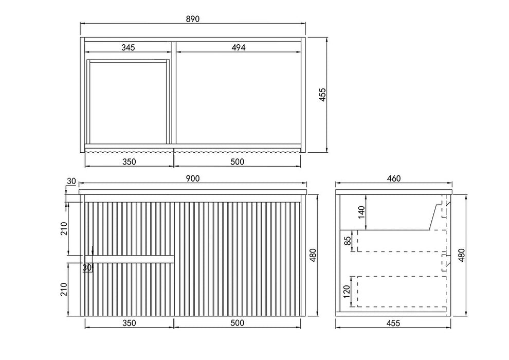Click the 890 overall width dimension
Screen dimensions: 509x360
[192, 19]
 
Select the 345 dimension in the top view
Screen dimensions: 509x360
[128, 47]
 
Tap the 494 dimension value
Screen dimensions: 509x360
[239, 47]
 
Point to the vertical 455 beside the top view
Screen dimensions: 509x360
[322, 95]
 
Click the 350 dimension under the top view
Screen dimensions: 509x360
[129, 161]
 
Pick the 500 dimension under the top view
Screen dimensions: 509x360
[238, 161]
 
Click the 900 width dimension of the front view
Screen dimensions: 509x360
[193, 178]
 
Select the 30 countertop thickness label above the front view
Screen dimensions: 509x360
[71, 181]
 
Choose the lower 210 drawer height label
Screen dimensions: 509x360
[63, 289]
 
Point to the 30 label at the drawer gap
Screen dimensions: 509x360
[87, 268]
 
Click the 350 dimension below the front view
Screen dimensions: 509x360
[129, 323]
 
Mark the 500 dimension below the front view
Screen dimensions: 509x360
[238, 323]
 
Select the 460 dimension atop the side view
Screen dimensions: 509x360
[394, 178]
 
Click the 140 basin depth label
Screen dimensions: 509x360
[361, 212]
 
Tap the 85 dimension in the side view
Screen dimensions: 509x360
[348, 241]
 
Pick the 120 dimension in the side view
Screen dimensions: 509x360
[347, 292]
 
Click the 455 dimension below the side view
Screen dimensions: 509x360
[393, 323]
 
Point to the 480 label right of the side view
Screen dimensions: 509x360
[461, 255]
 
